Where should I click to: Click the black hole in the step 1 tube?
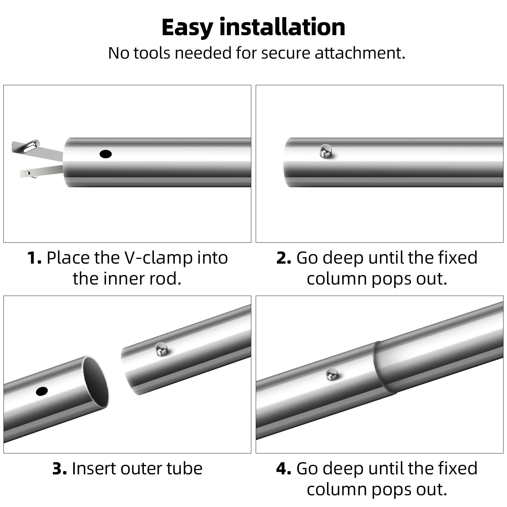(x=106, y=154)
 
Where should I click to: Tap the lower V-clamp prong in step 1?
(x=41, y=171)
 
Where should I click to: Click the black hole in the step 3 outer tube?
(x=42, y=391)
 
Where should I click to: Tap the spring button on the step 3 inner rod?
(x=161, y=349)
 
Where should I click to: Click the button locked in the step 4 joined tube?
(x=332, y=374)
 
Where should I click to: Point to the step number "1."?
(x=34, y=258)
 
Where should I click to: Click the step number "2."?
(x=284, y=258)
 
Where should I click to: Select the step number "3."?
(x=60, y=468)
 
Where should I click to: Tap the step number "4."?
(x=284, y=468)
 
